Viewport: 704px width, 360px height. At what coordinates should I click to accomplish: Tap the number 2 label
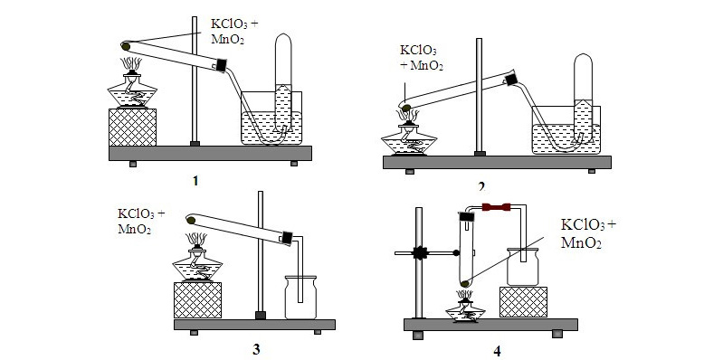point(482,186)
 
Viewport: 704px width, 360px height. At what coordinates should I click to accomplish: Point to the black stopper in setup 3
point(289,237)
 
